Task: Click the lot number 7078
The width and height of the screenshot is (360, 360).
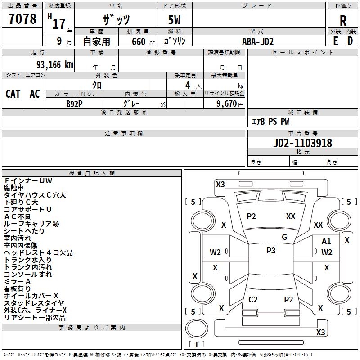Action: pos(22,18)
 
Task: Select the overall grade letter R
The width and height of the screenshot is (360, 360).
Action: pos(343,21)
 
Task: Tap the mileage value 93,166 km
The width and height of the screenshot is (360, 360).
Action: pos(54,65)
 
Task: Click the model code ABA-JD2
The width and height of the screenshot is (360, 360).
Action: pos(258,41)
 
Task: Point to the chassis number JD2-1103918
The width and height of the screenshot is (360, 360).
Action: pos(302,143)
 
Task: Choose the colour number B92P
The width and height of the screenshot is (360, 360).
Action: pos(74,104)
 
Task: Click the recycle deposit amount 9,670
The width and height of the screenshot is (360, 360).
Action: pos(227,104)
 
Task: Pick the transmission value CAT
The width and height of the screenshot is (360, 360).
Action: pos(13,94)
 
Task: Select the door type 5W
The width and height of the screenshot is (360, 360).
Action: pos(174,20)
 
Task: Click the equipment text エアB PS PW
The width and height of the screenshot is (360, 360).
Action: pos(270,121)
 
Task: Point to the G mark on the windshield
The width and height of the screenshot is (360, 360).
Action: pos(284,237)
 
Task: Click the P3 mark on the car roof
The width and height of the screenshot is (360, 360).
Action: pos(271,250)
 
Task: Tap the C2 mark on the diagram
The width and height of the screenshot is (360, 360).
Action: pos(253,300)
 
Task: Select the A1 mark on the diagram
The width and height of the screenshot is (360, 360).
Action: pos(326,241)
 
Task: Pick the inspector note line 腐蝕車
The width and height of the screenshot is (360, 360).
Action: pos(14,188)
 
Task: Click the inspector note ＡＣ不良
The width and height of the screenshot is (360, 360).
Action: pos(18,216)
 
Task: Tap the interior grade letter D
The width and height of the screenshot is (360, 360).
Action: pos(350,41)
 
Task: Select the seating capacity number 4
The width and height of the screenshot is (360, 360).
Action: pos(188,85)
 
